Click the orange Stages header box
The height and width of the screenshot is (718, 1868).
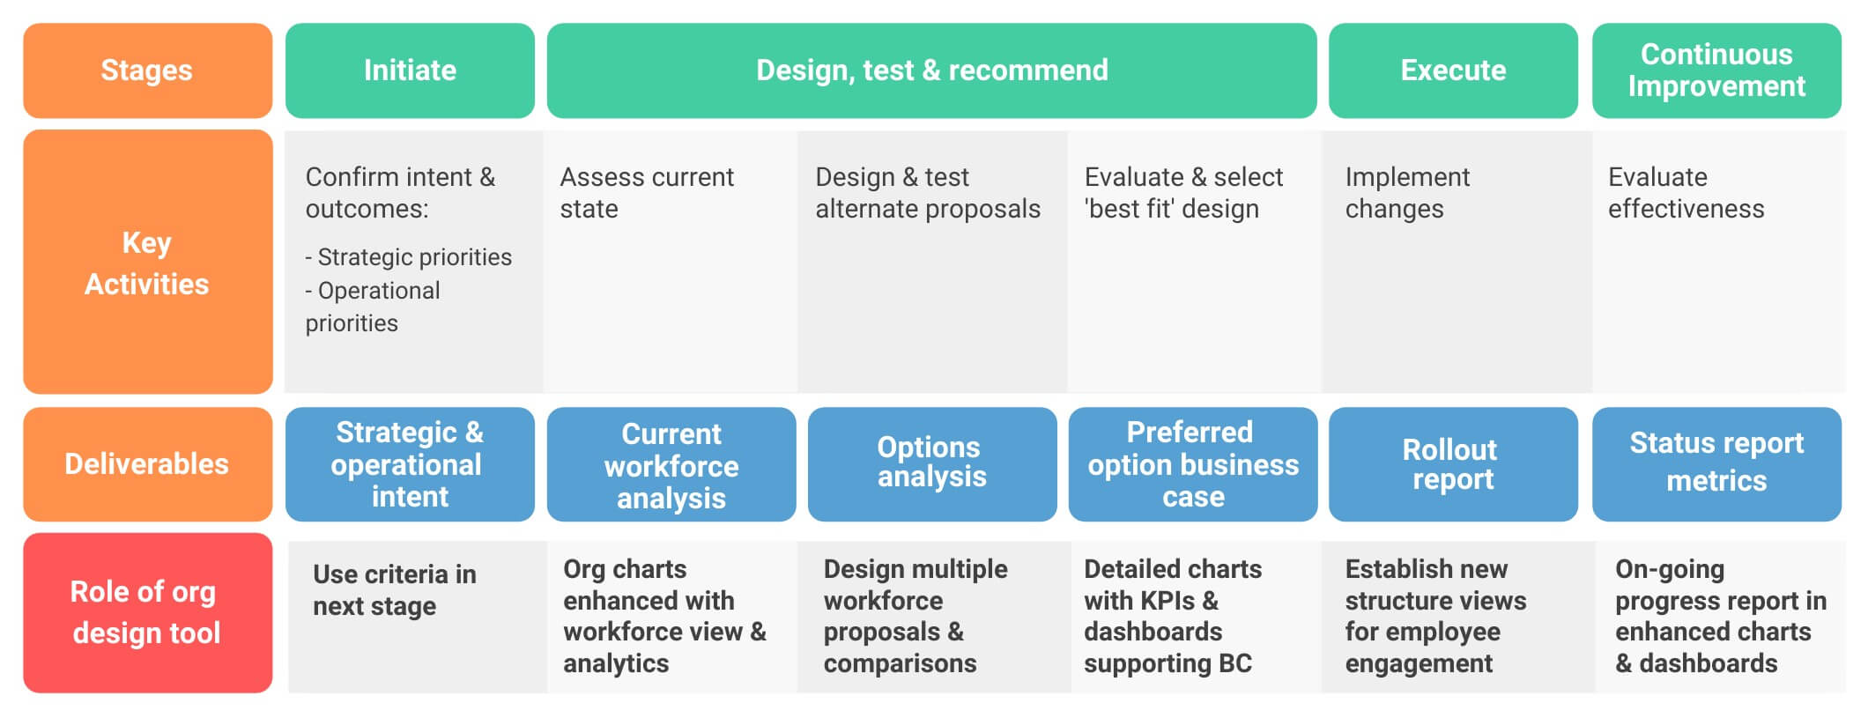point(147,70)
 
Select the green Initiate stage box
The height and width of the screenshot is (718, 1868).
point(410,70)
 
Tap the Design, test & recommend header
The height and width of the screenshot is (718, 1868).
point(931,70)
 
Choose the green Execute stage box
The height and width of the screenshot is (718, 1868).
point(1453,70)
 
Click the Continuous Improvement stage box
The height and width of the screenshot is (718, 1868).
point(1716,70)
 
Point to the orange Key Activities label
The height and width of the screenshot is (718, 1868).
point(147,263)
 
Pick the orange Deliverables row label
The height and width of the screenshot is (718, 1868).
point(147,464)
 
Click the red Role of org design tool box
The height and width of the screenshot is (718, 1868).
point(147,612)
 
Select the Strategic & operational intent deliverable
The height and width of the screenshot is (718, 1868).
point(410,464)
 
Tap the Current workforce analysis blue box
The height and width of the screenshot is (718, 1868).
point(671,465)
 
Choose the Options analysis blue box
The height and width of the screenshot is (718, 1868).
point(931,463)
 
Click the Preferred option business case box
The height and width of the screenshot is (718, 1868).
point(1192,464)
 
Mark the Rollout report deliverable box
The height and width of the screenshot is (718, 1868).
point(1452,464)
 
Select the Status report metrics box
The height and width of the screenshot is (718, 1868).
point(1716,463)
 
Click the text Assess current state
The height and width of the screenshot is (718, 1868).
point(646,193)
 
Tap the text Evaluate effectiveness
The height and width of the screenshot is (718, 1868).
point(1685,193)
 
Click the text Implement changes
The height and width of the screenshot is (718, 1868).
point(1406,193)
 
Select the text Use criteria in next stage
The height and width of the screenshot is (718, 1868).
point(394,590)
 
